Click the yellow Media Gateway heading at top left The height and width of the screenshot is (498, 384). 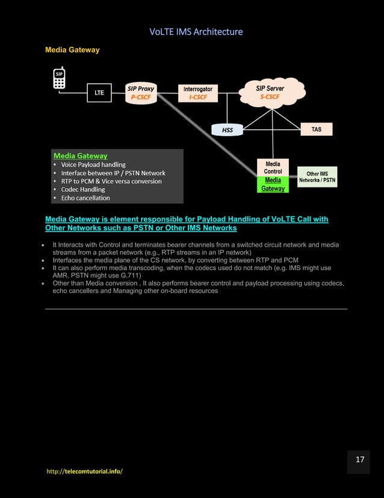[x=72, y=50]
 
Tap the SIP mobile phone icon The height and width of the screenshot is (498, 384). [x=59, y=78]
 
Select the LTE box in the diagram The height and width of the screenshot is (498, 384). [x=99, y=93]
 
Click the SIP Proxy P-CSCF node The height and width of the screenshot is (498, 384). [x=140, y=92]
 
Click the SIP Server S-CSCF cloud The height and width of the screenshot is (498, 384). [x=269, y=92]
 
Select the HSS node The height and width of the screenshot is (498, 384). [x=227, y=130]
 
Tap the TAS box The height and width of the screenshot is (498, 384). [x=316, y=129]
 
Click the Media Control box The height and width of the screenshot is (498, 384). [x=273, y=168]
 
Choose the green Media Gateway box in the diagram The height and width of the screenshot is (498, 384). [x=273, y=184]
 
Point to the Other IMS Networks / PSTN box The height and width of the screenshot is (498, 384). [x=317, y=177]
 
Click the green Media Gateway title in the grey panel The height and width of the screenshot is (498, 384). [x=80, y=156]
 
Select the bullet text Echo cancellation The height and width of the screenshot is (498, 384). [x=85, y=198]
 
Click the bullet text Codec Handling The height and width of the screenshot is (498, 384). [x=82, y=189]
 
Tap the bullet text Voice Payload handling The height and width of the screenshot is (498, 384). [x=93, y=164]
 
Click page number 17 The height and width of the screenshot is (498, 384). [x=359, y=460]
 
